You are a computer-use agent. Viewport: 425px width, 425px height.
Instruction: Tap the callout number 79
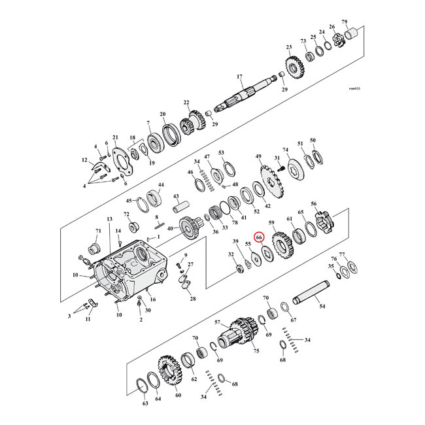363,22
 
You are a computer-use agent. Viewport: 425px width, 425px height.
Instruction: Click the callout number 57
217,322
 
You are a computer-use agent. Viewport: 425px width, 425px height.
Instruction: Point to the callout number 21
114,137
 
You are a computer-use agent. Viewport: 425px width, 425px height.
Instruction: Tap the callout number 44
160,186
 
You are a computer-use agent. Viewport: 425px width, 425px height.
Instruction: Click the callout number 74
285,150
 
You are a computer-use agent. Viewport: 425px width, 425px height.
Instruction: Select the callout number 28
192,298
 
